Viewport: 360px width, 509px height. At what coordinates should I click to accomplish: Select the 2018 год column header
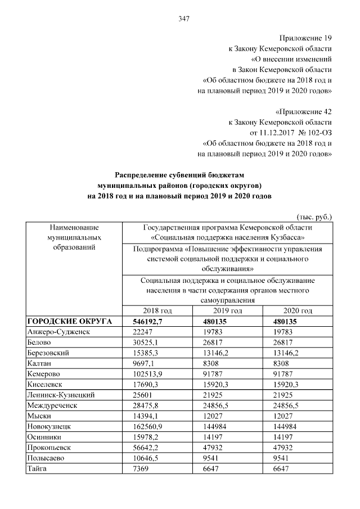(x=158, y=310)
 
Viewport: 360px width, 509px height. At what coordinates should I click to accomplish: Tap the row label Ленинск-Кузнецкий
(x=60, y=395)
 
